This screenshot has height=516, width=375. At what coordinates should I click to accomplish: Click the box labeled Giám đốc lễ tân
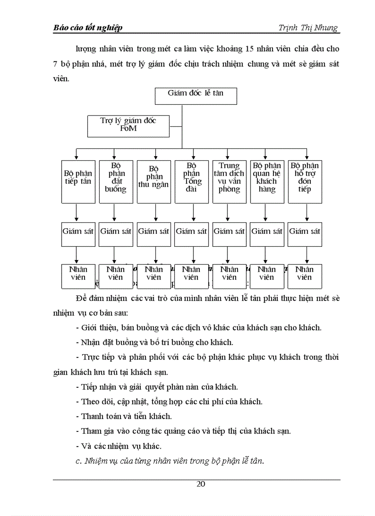pyautogui.click(x=196, y=96)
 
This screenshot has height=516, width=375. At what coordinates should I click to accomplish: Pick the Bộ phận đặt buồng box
pyautogui.click(x=115, y=181)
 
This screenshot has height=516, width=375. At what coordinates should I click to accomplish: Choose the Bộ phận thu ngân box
pyautogui.click(x=153, y=181)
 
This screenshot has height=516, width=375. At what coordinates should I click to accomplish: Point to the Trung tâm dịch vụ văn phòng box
pyautogui.click(x=229, y=181)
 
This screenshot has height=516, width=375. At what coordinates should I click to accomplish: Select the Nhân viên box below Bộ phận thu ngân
pyautogui.click(x=153, y=276)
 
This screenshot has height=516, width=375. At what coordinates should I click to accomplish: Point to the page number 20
pyautogui.click(x=201, y=483)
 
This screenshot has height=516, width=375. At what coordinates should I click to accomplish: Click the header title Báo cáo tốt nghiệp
pyautogui.click(x=88, y=28)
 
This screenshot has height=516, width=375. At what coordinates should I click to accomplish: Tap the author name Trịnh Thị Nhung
pyautogui.click(x=308, y=28)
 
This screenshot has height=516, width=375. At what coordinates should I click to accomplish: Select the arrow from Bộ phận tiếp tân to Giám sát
pyautogui.click(x=77, y=212)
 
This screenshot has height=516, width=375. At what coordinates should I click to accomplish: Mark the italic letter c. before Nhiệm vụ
pyautogui.click(x=78, y=461)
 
